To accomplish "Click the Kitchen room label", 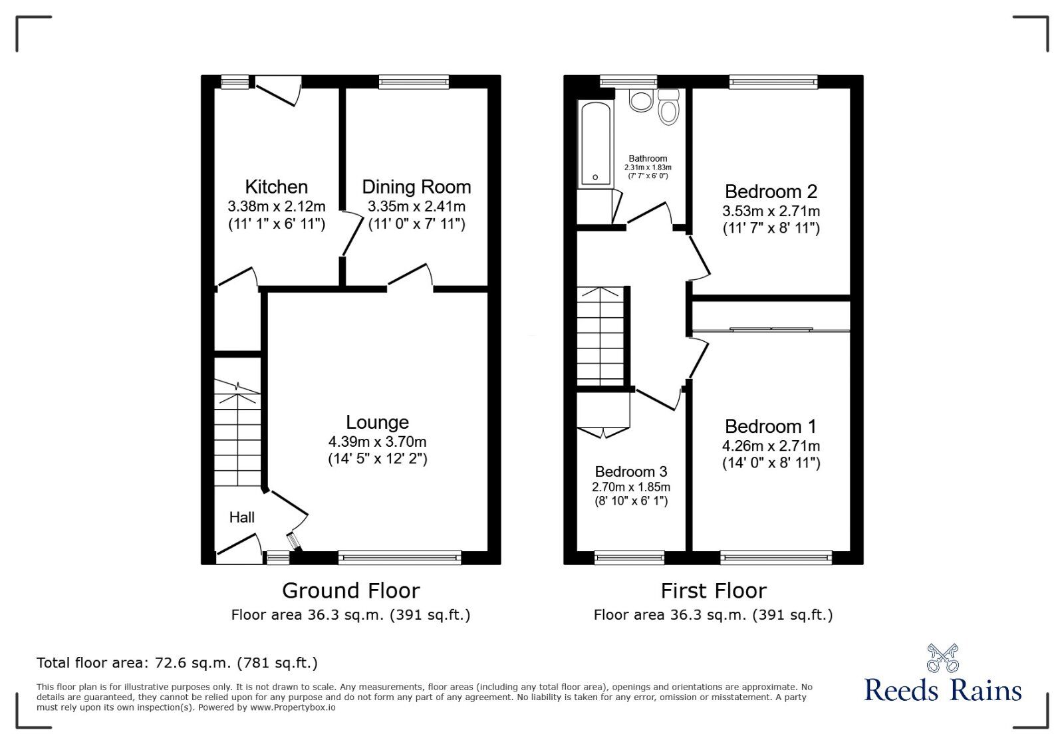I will pos(276,187).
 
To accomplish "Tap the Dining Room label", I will pos(416,187).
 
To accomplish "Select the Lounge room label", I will pos(377,422).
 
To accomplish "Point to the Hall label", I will pos(242,517).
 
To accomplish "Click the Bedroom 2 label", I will pos(771,191).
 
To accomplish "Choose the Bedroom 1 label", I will pos(771,426).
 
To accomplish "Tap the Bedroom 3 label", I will pos(630,471).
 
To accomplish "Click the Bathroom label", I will pos(648,158).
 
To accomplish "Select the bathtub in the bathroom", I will pos(595,143).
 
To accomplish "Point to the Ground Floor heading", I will pos(350,590).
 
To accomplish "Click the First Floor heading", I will pos(714,590).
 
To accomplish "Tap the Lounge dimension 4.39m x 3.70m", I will pos(377,441).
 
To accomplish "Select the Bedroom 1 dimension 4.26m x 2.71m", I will pos(771,445).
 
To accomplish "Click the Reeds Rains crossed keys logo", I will pos(942,658).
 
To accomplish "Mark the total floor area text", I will pos(177,663).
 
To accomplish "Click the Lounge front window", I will pos(399,557).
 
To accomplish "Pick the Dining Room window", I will pos(414,82).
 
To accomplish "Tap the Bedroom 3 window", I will pos(629,557).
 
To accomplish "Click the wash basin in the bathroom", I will pos(641,101).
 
